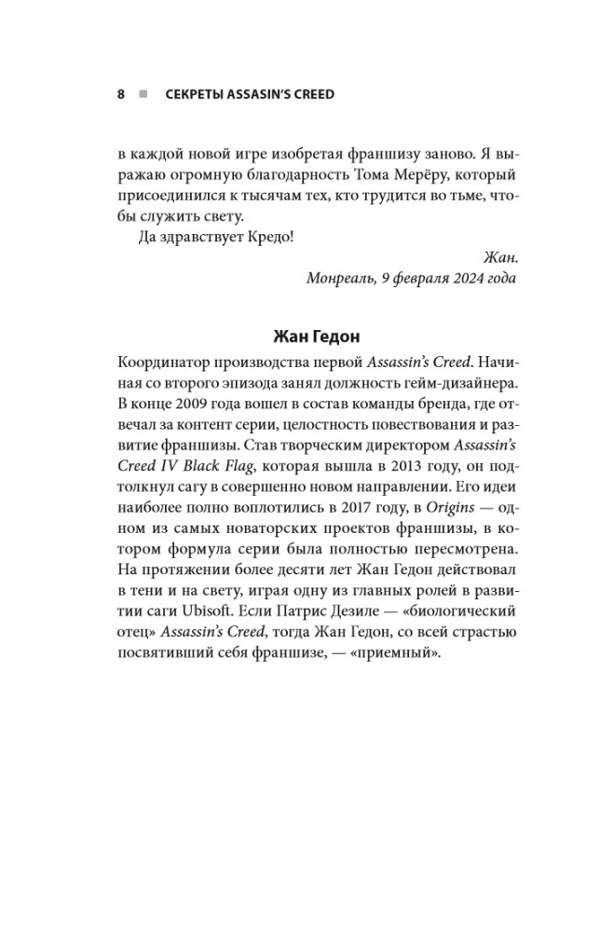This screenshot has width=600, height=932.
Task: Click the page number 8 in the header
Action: pos(121,94)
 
